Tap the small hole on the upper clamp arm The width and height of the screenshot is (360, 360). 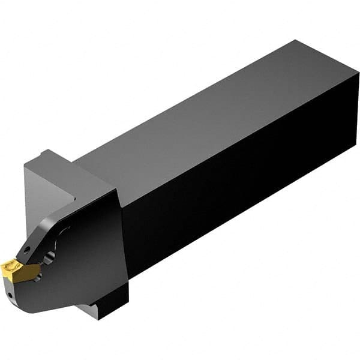click(x=26, y=247)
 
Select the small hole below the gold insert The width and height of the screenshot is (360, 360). click(x=12, y=295)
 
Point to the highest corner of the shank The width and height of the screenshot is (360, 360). click(x=296, y=40)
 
